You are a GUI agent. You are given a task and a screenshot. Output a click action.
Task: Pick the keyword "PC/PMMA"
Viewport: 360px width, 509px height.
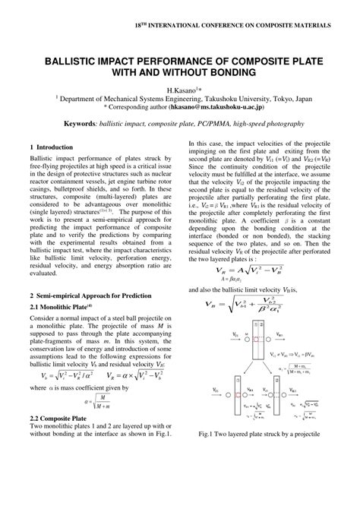tap(215, 121)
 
